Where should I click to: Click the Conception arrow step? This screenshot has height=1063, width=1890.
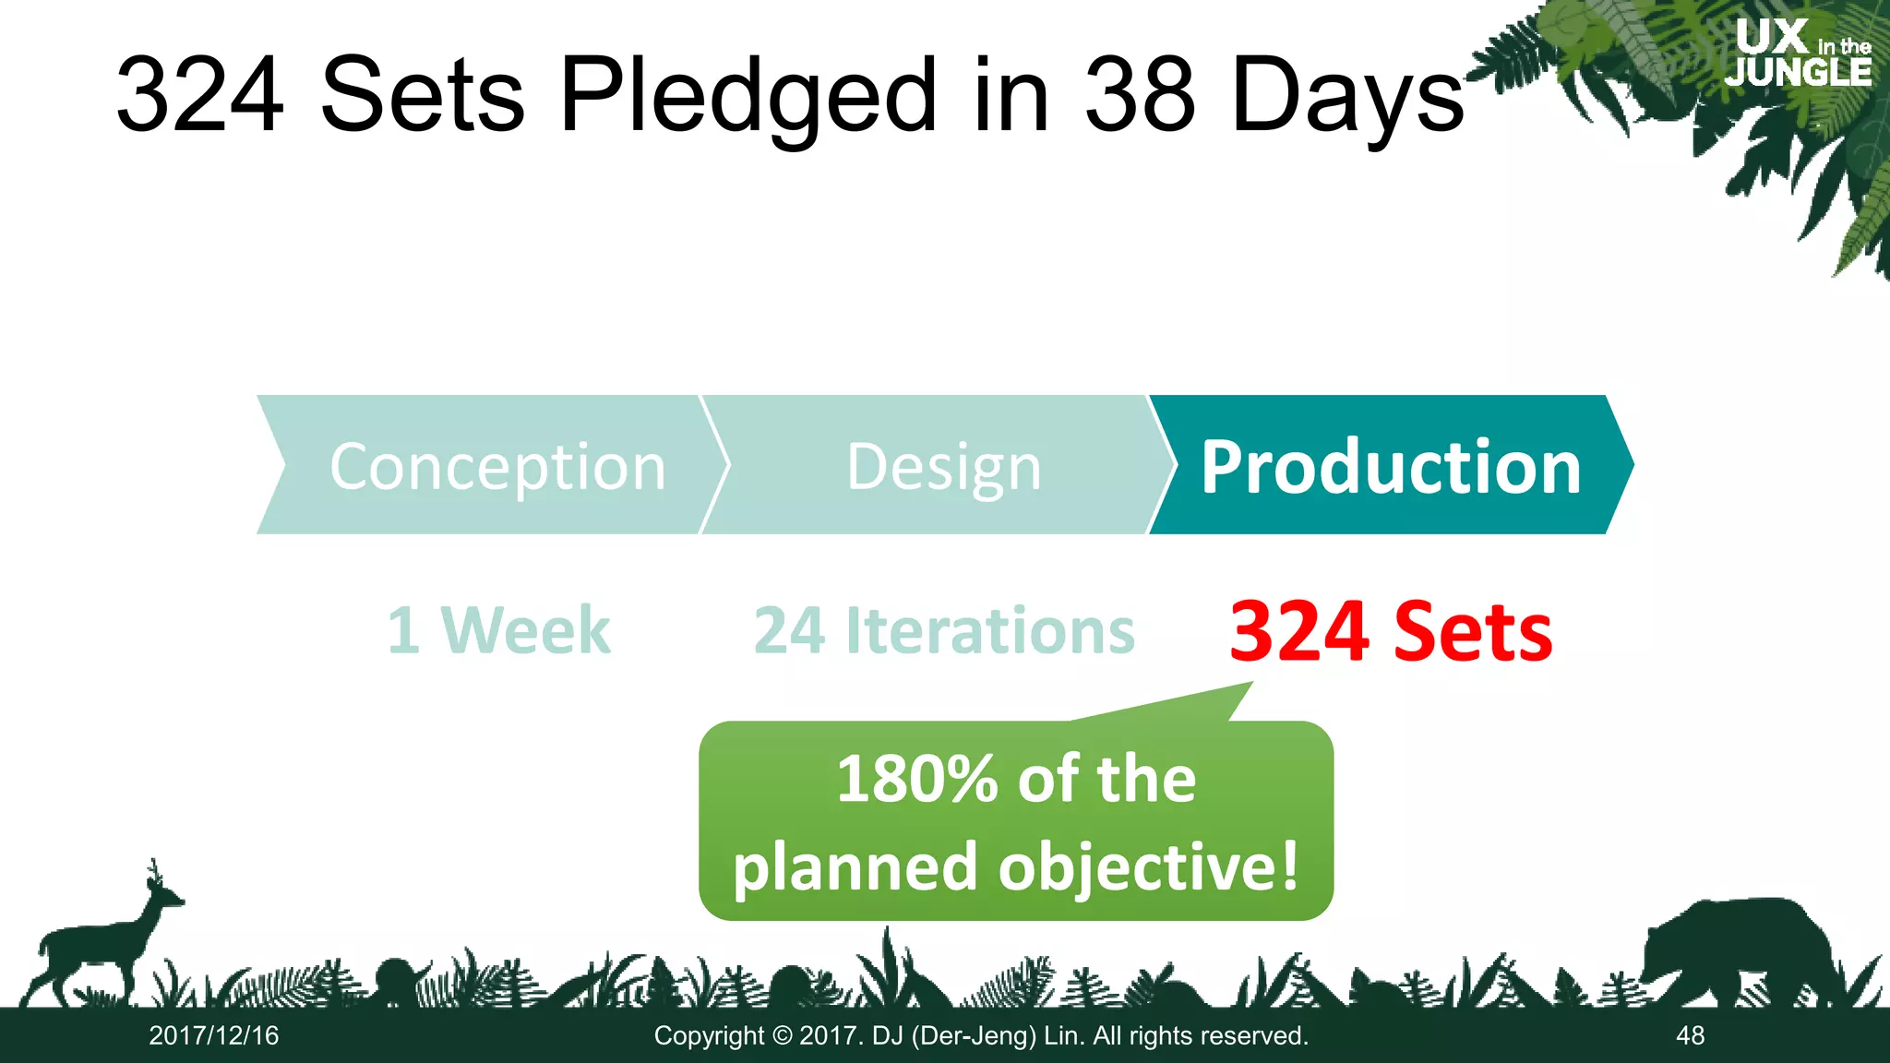(x=489, y=465)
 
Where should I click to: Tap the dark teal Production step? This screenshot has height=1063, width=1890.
(x=1390, y=465)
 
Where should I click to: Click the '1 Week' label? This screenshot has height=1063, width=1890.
(x=498, y=631)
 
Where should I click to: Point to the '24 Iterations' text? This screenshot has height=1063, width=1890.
(x=944, y=631)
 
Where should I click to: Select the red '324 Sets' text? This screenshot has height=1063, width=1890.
(x=1391, y=631)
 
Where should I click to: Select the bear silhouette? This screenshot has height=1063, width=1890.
(x=1735, y=950)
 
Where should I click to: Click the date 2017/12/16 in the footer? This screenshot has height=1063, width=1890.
(x=214, y=1035)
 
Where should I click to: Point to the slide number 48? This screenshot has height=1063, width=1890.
(x=1690, y=1035)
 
